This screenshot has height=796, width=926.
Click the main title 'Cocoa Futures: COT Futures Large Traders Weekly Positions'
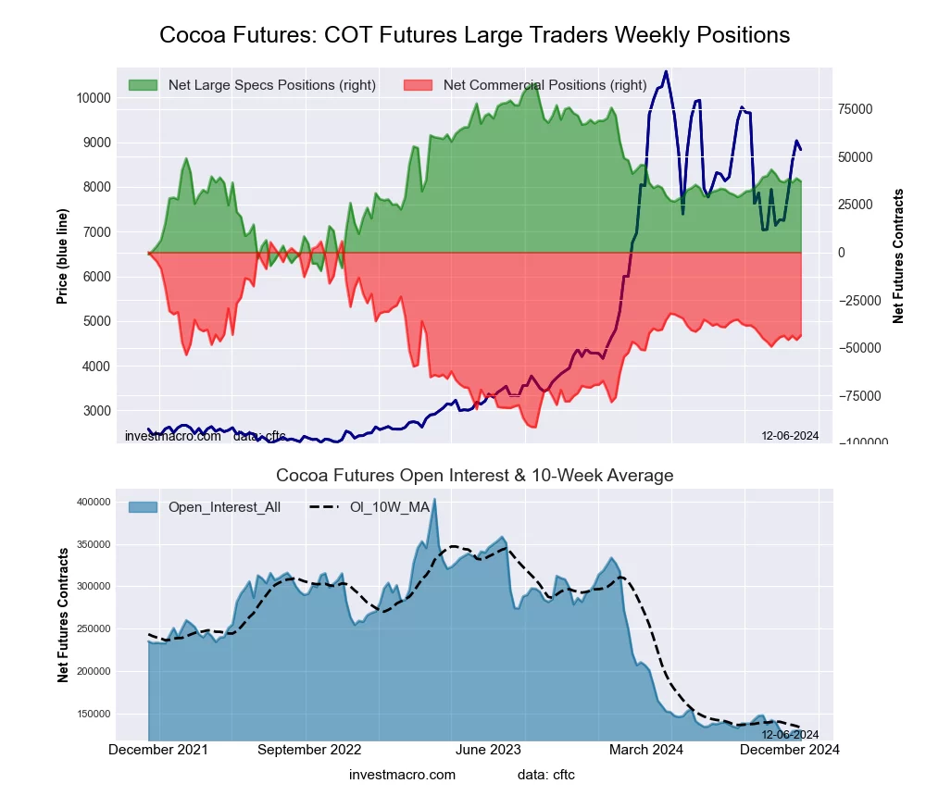(474, 35)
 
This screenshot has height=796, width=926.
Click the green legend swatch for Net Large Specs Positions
(143, 85)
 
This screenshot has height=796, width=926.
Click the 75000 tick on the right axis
(857, 109)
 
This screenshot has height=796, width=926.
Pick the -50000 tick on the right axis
(858, 348)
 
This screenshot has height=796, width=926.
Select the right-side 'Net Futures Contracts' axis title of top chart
(898, 256)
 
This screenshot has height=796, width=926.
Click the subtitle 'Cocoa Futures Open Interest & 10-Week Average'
(474, 476)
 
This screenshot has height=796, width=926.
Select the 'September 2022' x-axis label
(308, 750)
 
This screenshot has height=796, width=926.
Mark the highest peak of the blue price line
(666, 72)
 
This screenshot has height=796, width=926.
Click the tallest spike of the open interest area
(434, 500)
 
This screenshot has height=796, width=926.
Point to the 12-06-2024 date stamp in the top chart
(790, 436)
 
